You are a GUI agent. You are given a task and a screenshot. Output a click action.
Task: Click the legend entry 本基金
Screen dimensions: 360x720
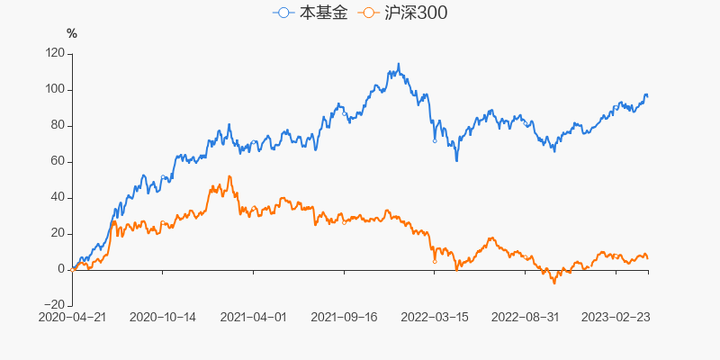point(310,13)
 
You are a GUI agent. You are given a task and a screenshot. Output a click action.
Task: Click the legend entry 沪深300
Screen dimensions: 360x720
point(402,13)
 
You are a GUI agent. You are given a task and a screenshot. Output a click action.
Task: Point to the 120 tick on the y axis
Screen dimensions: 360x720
point(54,53)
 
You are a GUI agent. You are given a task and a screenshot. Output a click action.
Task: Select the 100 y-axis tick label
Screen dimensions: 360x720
point(54,89)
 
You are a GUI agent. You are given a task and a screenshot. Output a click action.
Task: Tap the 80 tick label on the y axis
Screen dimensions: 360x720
point(57,125)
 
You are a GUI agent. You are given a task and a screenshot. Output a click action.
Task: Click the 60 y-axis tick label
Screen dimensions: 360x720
point(57,161)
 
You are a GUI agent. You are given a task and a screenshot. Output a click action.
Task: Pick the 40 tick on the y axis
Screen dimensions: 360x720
point(57,197)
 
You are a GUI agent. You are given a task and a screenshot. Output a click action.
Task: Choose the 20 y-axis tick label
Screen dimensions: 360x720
point(57,233)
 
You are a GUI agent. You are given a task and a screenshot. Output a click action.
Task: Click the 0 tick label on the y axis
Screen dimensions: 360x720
point(60,269)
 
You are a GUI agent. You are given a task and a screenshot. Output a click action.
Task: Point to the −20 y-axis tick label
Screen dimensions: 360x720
point(53,305)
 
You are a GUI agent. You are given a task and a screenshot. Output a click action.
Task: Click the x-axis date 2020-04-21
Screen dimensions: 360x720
point(72,317)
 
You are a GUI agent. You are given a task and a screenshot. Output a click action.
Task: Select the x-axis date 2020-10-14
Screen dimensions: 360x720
point(163,317)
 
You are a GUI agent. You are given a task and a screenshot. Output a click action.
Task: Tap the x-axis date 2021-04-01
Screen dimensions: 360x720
point(253,317)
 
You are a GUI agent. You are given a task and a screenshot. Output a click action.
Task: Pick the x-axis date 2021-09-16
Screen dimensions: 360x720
point(344,317)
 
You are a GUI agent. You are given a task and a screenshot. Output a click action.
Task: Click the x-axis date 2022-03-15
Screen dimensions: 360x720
point(435,317)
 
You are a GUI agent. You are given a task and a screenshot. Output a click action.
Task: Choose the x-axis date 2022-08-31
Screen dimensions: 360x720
point(526,317)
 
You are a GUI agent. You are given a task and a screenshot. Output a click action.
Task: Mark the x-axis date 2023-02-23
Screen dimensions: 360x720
point(616,317)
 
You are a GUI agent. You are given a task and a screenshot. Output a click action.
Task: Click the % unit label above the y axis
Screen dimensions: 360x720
point(72,34)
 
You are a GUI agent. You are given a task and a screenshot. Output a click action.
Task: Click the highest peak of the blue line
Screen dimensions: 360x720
point(399,64)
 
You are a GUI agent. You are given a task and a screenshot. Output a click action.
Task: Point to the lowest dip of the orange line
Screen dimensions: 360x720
point(554,283)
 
